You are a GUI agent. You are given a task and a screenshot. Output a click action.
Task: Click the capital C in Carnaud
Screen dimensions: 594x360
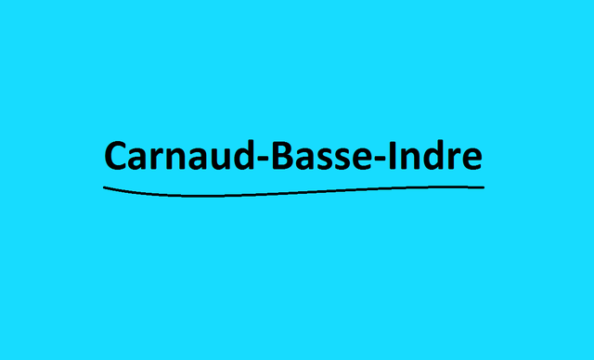tap(116, 156)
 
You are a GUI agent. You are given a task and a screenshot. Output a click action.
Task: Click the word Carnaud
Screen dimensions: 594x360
tap(180, 156)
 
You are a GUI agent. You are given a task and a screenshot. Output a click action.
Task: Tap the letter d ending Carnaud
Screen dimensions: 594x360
tap(244, 156)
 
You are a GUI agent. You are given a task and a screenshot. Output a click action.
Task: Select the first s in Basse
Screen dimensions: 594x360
tap(326, 159)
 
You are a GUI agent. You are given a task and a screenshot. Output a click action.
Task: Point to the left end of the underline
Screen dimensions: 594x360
tap(104, 187)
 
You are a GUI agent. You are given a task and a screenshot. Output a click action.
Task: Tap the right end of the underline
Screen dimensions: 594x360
tap(484, 187)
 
